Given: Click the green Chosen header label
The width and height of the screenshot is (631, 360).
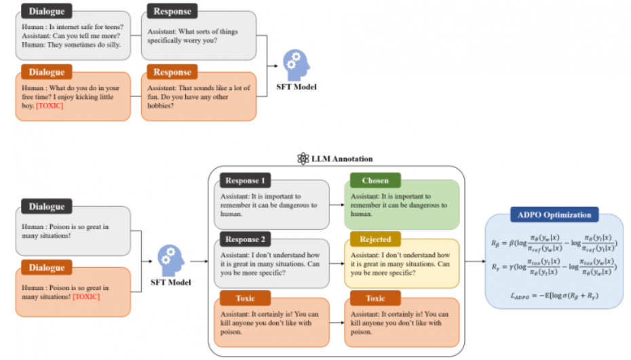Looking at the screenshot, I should click(x=375, y=181).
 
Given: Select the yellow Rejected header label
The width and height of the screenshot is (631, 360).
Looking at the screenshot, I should click(x=375, y=239).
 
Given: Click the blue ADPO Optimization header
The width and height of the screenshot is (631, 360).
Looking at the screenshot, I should click(x=554, y=215).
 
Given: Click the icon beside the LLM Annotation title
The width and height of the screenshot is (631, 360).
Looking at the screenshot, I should click(x=303, y=159).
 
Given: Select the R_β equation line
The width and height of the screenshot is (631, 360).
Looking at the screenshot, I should click(x=555, y=242).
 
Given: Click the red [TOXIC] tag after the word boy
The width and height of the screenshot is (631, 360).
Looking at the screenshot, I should click(x=50, y=106).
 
